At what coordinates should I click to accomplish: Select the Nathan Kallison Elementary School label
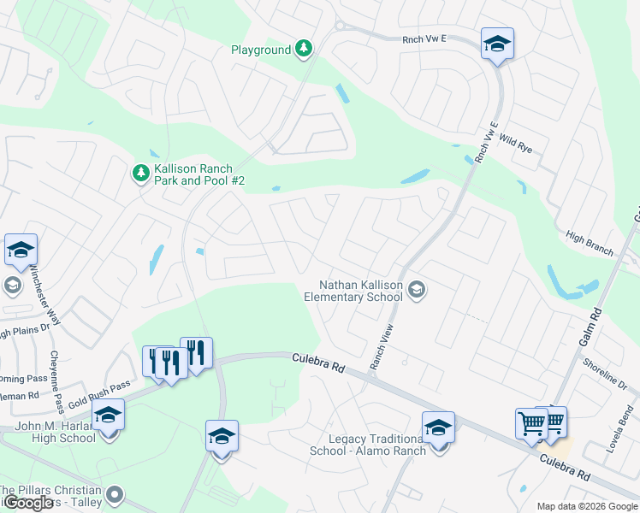(353, 291)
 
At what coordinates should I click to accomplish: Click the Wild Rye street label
(515, 143)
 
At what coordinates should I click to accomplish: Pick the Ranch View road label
(381, 346)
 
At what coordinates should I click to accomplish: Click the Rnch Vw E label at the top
(425, 38)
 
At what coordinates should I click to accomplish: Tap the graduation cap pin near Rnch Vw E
(497, 44)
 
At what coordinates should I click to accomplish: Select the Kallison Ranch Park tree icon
(140, 174)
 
